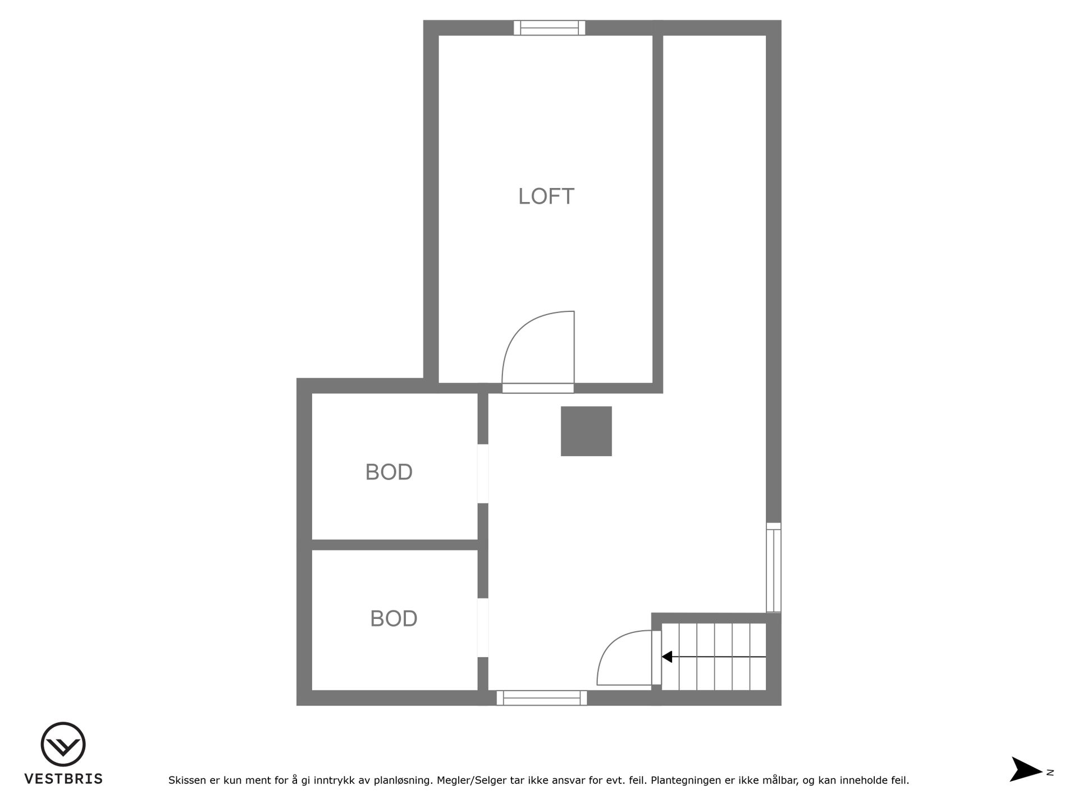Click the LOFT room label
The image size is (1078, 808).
tap(546, 196)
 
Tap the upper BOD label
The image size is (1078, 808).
tap(389, 472)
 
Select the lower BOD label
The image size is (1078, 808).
tap(394, 619)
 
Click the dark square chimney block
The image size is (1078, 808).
tap(586, 431)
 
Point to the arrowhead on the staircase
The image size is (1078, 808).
tap(667, 656)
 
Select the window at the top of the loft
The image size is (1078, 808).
tap(550, 28)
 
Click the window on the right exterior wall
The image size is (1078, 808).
tap(774, 567)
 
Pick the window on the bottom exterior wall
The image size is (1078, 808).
tap(542, 698)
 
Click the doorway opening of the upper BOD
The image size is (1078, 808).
tap(483, 474)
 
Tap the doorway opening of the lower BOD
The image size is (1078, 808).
tap(483, 628)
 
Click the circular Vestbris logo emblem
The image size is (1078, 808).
tap(63, 744)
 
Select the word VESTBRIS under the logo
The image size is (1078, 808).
tap(63, 779)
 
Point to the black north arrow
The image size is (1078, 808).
tap(1027, 769)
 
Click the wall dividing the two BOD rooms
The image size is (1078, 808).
tap(395, 545)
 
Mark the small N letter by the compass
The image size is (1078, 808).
tap(1050, 773)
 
